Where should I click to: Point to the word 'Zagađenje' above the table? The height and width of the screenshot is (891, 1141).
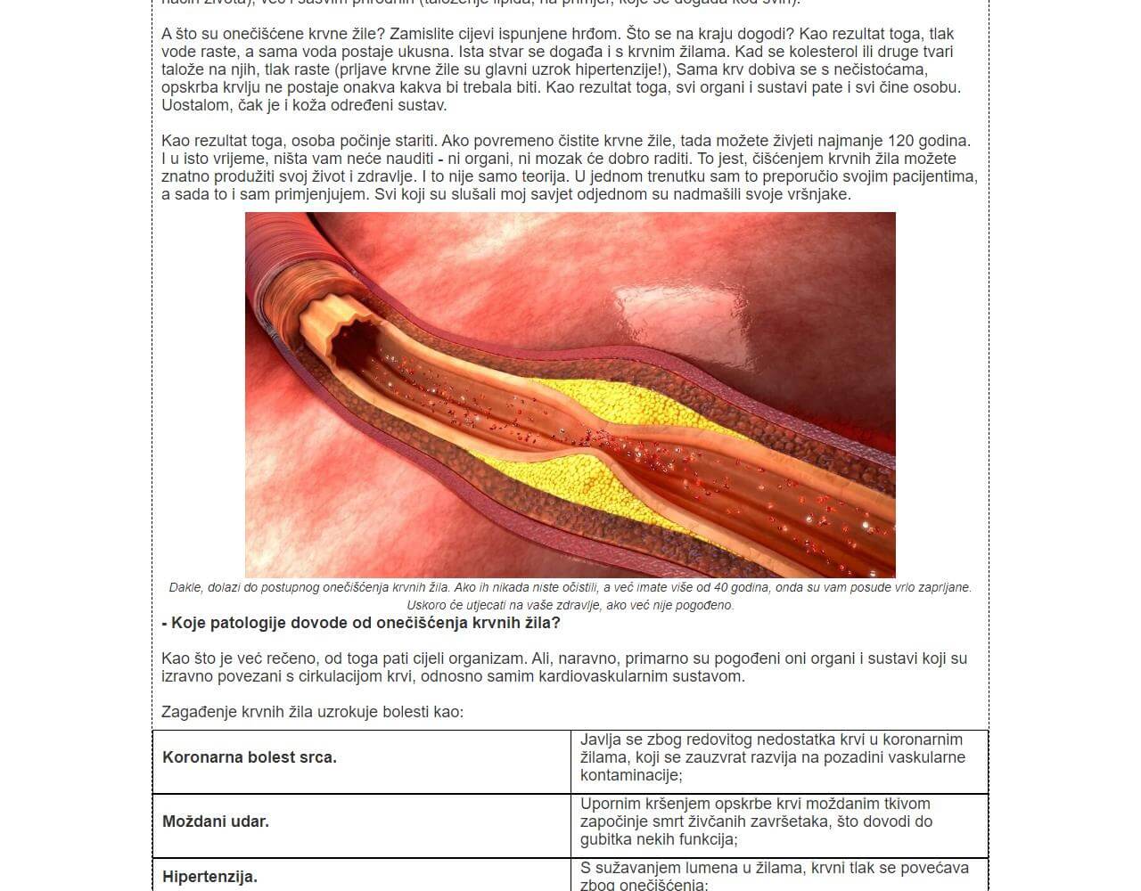[x=195, y=712]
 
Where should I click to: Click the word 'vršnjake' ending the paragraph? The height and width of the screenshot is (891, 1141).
[x=819, y=194]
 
